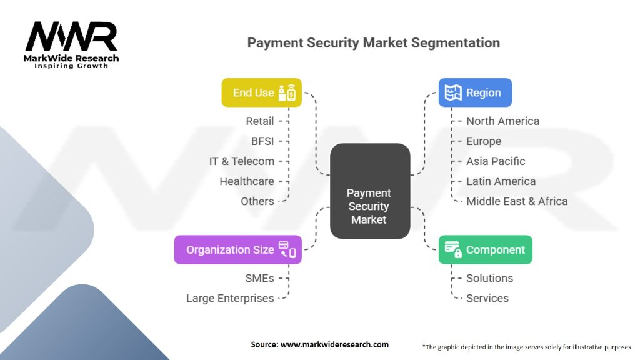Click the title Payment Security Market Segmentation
[373, 43]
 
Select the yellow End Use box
[261, 92]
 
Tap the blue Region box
[475, 92]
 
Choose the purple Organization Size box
[237, 249]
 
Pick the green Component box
[485, 249]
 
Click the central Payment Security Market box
[369, 206]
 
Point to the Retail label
[260, 121]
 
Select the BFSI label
[262, 141]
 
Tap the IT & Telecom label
[242, 161]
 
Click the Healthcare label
[247, 181]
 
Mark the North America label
[502, 121]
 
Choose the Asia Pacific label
[496, 161]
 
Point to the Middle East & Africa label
[517, 201]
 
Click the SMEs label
[259, 278]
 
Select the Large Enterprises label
[230, 298]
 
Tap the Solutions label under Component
[489, 278]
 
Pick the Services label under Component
[487, 298]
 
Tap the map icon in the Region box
[453, 92]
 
